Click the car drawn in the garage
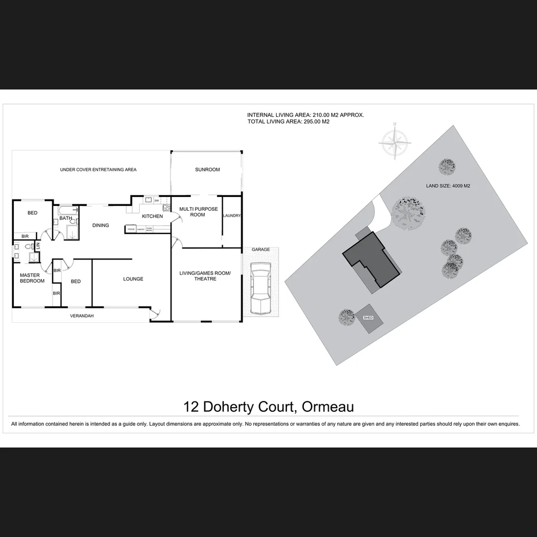(260, 289)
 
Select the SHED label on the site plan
(368, 317)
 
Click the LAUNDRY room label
(232, 216)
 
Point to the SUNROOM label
(207, 170)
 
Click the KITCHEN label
(152, 216)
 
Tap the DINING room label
(100, 225)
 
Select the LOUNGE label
(133, 279)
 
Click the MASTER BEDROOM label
(32, 278)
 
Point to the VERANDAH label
(82, 316)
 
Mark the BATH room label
(66, 218)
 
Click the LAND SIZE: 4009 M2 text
(448, 186)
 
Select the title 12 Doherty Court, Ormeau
(268, 407)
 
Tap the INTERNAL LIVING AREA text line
(305, 115)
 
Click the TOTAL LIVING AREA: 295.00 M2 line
(288, 121)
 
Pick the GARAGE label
(261, 250)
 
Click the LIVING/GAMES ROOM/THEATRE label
(205, 276)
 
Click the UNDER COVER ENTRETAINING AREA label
(98, 170)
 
